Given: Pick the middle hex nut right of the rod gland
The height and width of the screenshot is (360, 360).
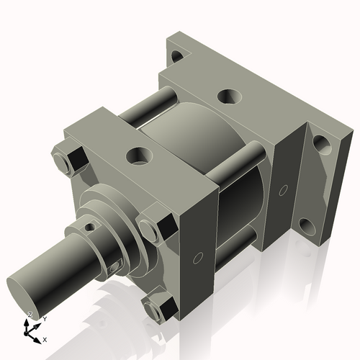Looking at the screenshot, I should tap(153, 230).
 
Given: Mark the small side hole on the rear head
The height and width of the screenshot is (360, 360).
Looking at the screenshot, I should tap(283, 190).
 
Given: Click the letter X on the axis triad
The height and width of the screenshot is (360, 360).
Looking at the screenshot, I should tap(45, 338).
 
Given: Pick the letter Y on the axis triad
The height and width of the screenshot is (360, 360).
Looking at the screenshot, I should tap(44, 318).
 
